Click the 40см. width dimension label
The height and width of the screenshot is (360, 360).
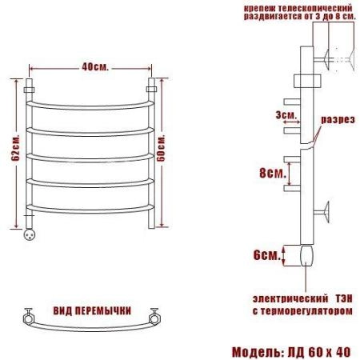click(95, 67)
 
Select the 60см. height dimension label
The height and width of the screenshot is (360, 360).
click(161, 148)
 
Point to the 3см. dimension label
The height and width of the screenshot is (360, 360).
click(286, 115)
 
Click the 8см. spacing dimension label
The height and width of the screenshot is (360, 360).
click(273, 174)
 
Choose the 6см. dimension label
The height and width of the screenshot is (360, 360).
click(266, 255)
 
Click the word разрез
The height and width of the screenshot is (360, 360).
click(338, 120)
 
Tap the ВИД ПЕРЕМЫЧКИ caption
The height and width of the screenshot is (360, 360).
click(92, 310)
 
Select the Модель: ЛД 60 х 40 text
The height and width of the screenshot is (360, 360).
click(291, 352)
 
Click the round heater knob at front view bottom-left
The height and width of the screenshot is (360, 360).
click(30, 234)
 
